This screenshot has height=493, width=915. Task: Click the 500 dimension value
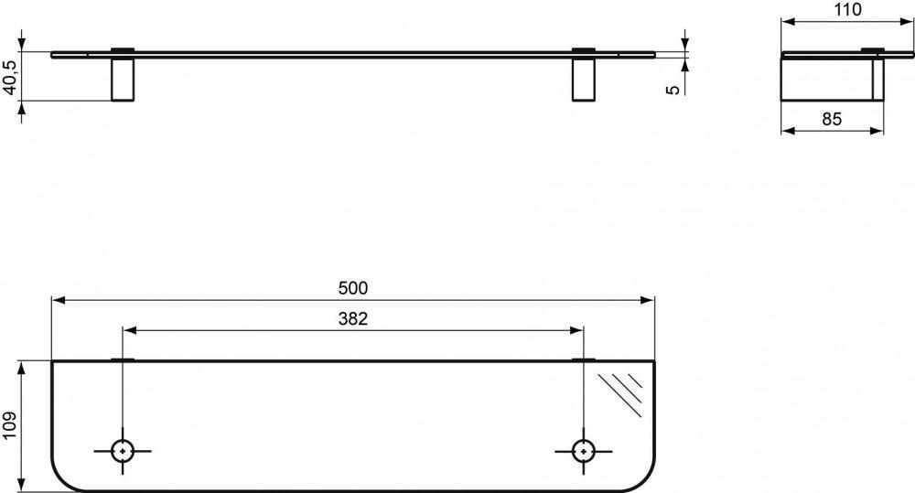pos(352,288)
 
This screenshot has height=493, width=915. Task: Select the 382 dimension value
pos(352,319)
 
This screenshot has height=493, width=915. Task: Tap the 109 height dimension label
pos(10,426)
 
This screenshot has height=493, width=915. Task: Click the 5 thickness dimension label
pos(673,90)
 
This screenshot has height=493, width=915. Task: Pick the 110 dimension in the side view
pos(848,10)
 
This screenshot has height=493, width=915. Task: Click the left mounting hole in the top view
pos(122,450)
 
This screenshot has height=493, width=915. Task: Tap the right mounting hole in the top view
pos(581,450)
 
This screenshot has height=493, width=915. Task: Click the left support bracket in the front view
pos(122,79)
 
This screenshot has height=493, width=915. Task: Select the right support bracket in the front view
pos(582,79)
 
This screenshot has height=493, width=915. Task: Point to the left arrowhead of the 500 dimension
pos(57,299)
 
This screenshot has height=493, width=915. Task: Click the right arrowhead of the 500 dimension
pos(651,299)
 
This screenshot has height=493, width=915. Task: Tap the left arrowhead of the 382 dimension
pos(128,330)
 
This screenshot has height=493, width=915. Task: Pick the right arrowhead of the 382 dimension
pos(576,330)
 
